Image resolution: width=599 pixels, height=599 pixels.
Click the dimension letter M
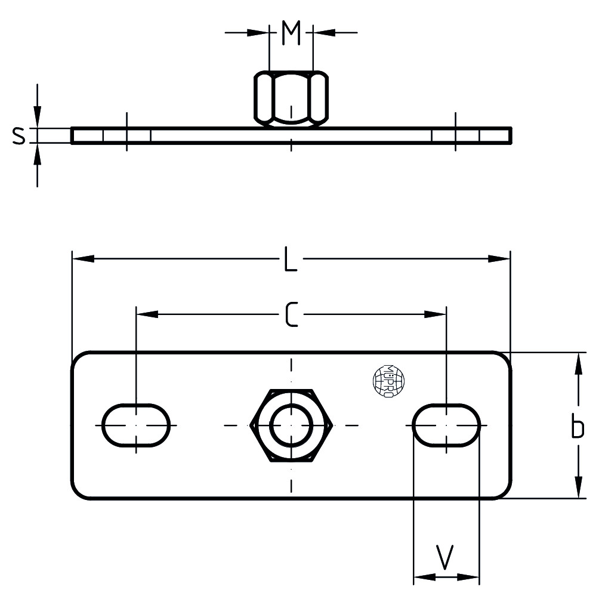pyautogui.click(x=291, y=34)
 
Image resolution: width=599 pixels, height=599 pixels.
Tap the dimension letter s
pyautogui.click(x=19, y=136)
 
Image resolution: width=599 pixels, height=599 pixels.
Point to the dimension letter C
pyautogui.click(x=291, y=314)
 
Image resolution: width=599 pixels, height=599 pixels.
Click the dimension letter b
pyautogui.click(x=577, y=427)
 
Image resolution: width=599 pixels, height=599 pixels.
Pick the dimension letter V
pyautogui.click(x=446, y=557)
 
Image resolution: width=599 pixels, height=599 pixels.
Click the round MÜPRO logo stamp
pyautogui.click(x=388, y=381)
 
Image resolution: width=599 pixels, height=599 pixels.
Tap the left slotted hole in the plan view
pyautogui.click(x=136, y=425)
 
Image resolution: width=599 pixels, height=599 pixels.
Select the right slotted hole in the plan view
pyautogui.click(x=447, y=425)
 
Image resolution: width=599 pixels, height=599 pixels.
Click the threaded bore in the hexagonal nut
pyautogui.click(x=291, y=425)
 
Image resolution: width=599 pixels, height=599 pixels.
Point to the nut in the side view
pyautogui.click(x=291, y=98)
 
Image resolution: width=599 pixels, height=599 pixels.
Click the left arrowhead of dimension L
pyautogui.click(x=83, y=259)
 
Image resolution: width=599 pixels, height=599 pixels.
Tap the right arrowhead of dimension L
pyautogui.click(x=499, y=259)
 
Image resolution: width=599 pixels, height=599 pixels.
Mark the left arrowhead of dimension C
pyautogui.click(x=147, y=314)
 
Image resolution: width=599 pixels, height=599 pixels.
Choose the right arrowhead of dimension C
pyautogui.click(x=435, y=314)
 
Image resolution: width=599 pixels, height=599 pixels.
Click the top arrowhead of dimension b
pyautogui.click(x=578, y=363)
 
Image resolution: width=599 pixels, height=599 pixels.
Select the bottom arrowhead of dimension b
pyautogui.click(x=578, y=487)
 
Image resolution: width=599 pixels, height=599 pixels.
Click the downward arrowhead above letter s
pyautogui.click(x=38, y=117)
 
